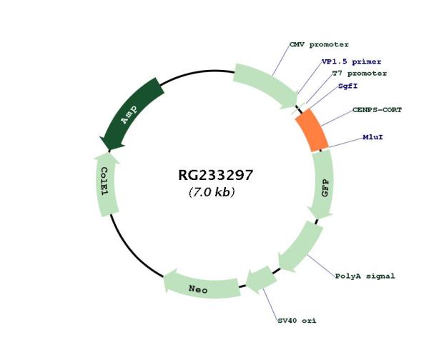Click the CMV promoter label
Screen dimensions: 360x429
[319, 44]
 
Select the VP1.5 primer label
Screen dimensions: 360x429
[351, 61]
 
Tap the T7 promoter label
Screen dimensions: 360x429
[360, 73]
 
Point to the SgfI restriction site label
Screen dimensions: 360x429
[348, 86]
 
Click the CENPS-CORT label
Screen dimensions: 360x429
[377, 110]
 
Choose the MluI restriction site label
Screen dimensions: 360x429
[373, 136]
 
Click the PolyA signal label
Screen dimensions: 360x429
[365, 275]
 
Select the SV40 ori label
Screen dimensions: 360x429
[297, 320]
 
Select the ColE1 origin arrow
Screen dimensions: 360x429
[106, 182]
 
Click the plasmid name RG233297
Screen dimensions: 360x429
[215, 175]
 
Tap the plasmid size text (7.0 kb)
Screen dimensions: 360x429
[212, 193]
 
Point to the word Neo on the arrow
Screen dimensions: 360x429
[199, 289]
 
